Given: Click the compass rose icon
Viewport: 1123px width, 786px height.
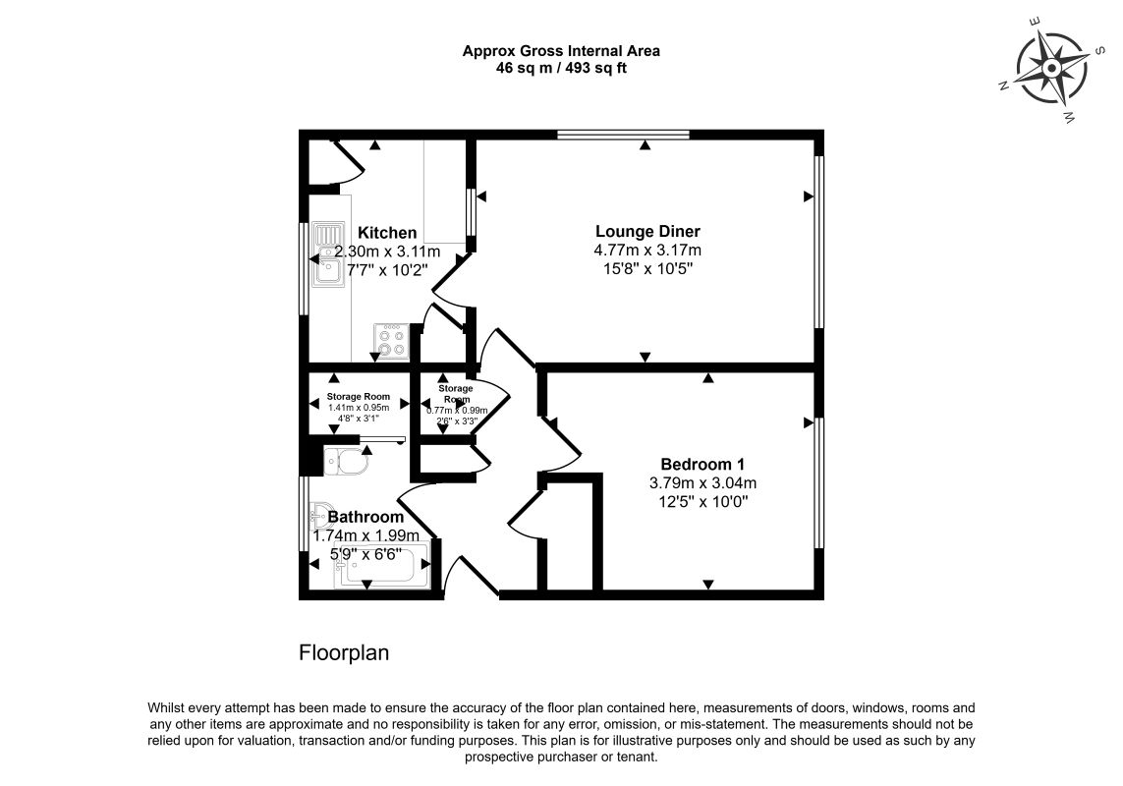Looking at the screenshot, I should (x=1050, y=69).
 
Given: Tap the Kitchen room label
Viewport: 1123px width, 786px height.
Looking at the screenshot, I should (x=386, y=233).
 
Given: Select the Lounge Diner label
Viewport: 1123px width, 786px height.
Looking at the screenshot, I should (x=647, y=232).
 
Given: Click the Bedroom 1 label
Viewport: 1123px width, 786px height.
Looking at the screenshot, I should (x=702, y=464).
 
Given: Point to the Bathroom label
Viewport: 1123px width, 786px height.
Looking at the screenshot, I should (x=365, y=517).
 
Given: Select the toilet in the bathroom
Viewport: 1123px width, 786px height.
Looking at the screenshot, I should (x=344, y=458).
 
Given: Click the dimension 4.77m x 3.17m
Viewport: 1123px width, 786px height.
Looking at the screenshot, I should (x=647, y=251).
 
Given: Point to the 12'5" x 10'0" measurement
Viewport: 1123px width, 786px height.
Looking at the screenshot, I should (x=702, y=501).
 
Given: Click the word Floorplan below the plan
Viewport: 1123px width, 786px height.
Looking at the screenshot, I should (x=344, y=653).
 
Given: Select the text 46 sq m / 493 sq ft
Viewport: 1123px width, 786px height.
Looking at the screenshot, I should (x=561, y=68).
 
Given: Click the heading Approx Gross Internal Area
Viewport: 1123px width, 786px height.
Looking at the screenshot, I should (x=561, y=51).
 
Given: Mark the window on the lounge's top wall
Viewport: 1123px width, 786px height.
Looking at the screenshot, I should (x=622, y=135).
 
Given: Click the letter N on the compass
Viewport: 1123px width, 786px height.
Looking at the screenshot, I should (x=1004, y=86).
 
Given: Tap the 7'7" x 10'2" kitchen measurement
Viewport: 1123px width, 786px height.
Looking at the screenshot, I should (x=386, y=269).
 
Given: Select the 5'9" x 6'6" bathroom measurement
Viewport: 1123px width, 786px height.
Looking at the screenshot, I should (x=365, y=553).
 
